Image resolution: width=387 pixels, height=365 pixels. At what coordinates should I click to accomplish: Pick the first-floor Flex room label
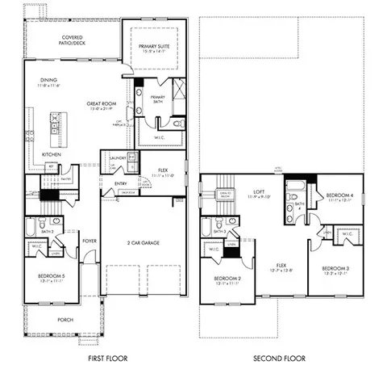tap(163, 171)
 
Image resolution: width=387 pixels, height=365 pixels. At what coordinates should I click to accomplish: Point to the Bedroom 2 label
tap(228, 280)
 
